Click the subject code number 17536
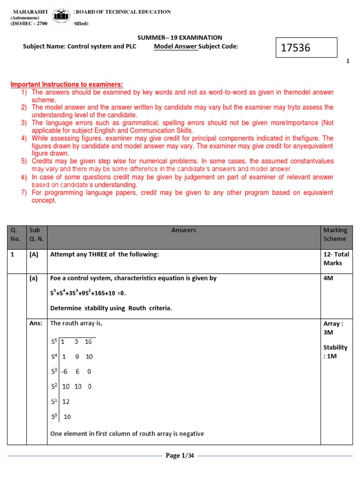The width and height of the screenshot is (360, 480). [295, 48]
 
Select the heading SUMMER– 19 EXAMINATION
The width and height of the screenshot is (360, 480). [180, 37]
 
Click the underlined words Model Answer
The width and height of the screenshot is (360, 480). [176, 46]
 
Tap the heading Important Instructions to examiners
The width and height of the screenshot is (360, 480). [67, 84]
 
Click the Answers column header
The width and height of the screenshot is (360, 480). [184, 230]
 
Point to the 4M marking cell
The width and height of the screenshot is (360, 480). [329, 278]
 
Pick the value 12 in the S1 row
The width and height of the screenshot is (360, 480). [66, 402]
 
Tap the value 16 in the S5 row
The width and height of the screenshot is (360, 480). [88, 342]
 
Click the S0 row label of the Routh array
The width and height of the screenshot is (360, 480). [54, 416]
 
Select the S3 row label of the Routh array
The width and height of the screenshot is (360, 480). [54, 371]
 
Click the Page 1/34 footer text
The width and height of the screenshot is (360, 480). [180, 456]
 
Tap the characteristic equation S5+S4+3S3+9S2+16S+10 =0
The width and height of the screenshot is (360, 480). [88, 293]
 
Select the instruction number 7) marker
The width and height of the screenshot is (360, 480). [23, 193]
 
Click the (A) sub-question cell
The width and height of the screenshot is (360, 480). [34, 255]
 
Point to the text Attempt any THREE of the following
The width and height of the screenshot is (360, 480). [105, 255]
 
